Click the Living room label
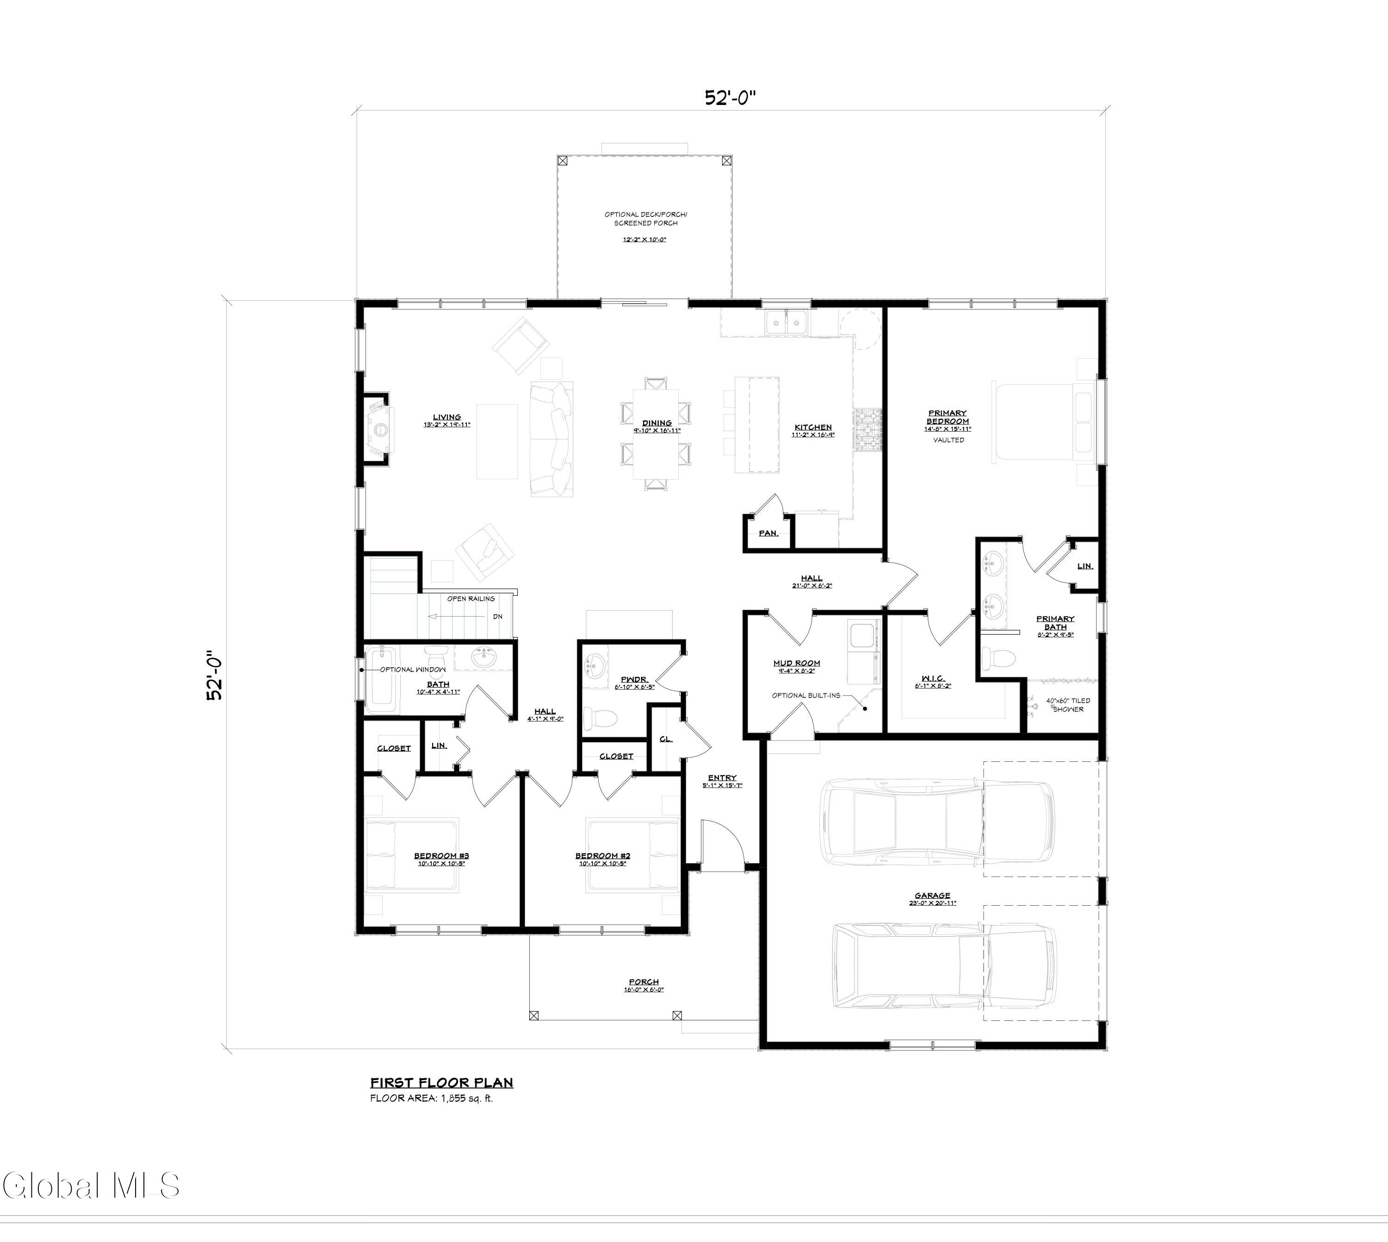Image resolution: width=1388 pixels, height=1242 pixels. pyautogui.click(x=447, y=417)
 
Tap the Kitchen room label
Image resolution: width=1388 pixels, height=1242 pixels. pyautogui.click(x=812, y=427)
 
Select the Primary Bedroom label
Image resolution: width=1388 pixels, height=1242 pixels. pyautogui.click(x=947, y=417)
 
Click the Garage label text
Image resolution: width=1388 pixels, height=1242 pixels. pyautogui.click(x=932, y=896)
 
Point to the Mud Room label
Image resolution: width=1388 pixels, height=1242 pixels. pyautogui.click(x=796, y=662)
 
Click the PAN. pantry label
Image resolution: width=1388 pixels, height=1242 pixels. pyautogui.click(x=768, y=533)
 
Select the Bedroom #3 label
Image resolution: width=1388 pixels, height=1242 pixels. pyautogui.click(x=441, y=856)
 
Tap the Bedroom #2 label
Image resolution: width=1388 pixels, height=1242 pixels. pyautogui.click(x=602, y=856)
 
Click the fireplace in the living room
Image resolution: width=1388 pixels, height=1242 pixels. pyautogui.click(x=379, y=428)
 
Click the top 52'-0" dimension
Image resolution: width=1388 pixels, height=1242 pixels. pyautogui.click(x=731, y=98)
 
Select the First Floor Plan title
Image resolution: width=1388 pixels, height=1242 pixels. pyautogui.click(x=441, y=1082)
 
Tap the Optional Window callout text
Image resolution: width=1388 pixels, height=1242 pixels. pyautogui.click(x=412, y=669)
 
